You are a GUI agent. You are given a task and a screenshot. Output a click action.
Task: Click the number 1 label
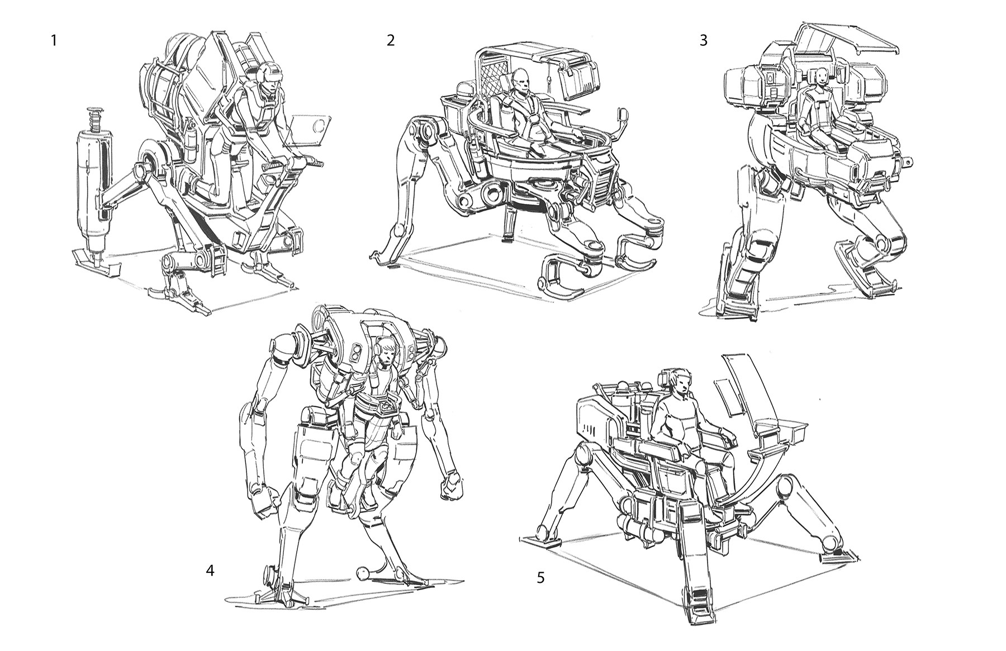(53, 41)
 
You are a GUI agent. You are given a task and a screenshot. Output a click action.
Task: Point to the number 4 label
(210, 571)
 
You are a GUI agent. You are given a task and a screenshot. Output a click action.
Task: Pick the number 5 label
(540, 578)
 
